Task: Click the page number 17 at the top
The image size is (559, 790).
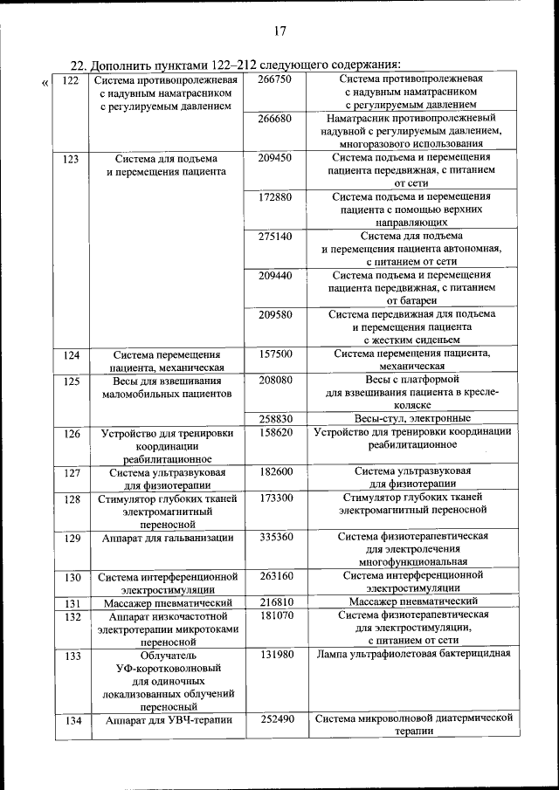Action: point(280,32)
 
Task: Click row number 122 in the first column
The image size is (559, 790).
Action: point(72,80)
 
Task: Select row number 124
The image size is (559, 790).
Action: point(72,355)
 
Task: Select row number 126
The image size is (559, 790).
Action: point(72,434)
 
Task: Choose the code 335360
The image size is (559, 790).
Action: point(276,537)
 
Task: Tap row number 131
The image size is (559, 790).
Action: point(72,603)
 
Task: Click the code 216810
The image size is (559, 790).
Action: point(276,602)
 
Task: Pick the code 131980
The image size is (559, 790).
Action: point(276,654)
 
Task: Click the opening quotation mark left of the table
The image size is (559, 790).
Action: point(45,84)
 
